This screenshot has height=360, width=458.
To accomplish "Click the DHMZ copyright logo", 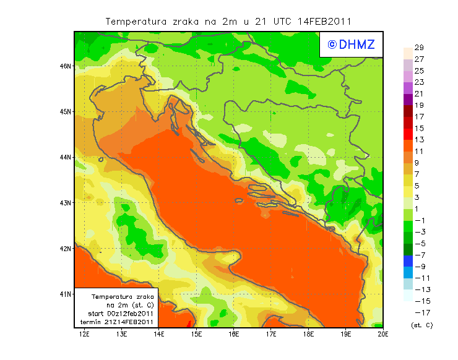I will click(x=351, y=45).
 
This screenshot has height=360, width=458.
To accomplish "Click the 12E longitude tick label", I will click(x=85, y=335).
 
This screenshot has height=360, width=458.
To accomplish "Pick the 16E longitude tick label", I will click(x=234, y=335).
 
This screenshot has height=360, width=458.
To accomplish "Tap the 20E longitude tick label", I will click(x=383, y=335).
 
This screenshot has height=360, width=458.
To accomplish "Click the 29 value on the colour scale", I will click(x=419, y=48).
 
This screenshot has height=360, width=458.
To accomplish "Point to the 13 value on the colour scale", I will click(x=419, y=140).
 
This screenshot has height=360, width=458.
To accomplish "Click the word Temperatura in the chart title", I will click(x=137, y=21).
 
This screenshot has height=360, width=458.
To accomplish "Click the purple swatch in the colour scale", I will click(x=408, y=99).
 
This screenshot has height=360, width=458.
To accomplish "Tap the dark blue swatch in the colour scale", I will click(x=408, y=261).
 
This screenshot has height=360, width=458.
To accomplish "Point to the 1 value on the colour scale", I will click(x=417, y=209).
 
